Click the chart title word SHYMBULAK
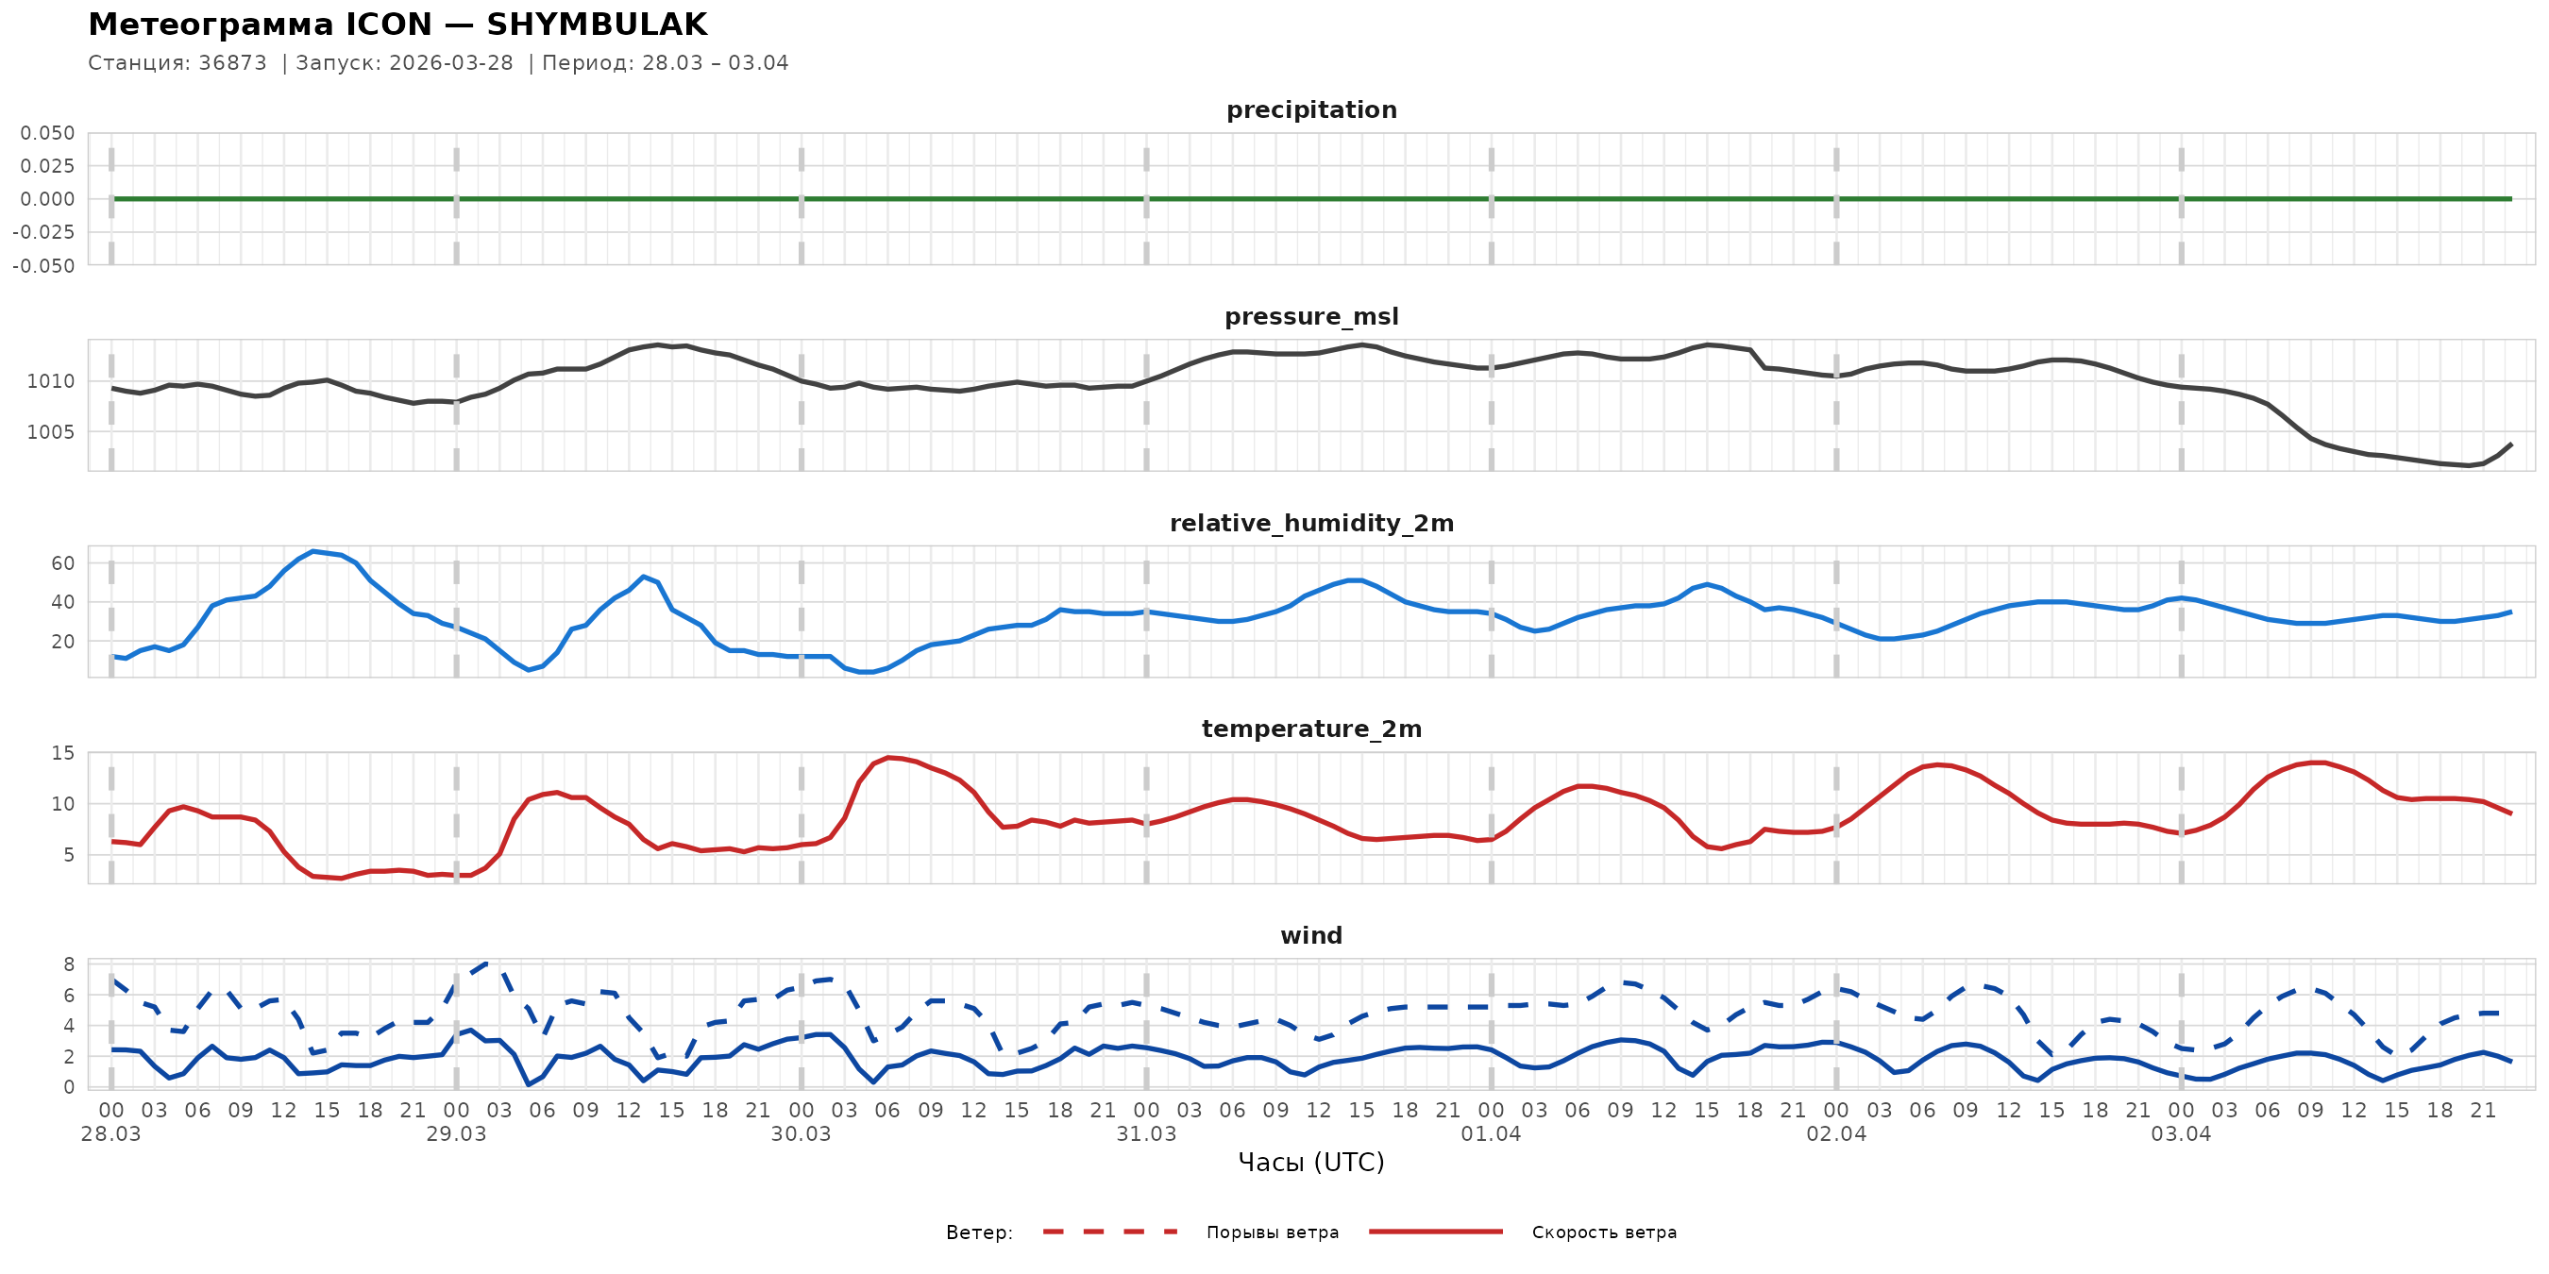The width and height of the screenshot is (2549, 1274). tap(597, 25)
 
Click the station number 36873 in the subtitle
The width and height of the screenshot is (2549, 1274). tap(232, 63)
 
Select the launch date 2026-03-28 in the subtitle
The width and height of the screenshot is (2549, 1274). tap(451, 63)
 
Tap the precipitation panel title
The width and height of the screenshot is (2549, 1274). tap(1311, 109)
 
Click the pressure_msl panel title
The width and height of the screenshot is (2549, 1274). tap(1311, 316)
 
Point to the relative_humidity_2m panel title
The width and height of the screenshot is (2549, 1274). tap(1311, 523)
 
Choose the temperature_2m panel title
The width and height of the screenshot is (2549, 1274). tap(1311, 729)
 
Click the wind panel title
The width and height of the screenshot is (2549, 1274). tap(1311, 936)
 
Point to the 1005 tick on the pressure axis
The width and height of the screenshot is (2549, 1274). tap(50, 432)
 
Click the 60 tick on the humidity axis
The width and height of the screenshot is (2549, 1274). tap(62, 563)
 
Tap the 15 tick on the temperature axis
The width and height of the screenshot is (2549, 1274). tap(62, 754)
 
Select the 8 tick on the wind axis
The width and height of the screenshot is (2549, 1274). tap(68, 964)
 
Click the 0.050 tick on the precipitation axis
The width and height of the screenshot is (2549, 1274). tap(47, 133)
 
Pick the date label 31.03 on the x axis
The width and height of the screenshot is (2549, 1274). tap(1146, 1134)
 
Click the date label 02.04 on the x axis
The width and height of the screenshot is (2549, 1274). tap(1835, 1134)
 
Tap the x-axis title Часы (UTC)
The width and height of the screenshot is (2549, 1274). tap(1311, 1163)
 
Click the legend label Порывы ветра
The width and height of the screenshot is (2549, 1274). tap(1272, 1232)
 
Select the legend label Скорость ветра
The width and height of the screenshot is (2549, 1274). tap(1603, 1232)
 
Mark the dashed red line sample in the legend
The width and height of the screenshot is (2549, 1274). tap(1109, 1232)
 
